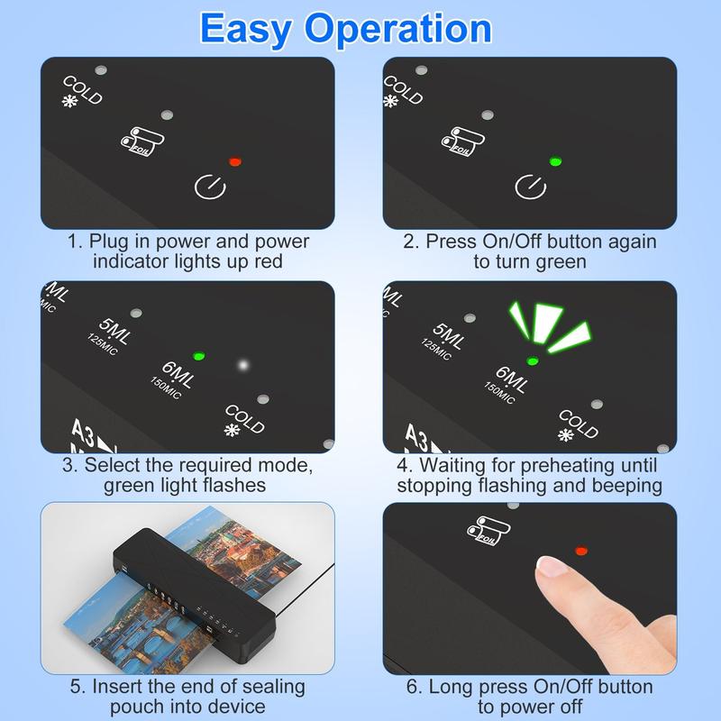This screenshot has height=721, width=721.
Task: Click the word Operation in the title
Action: point(398,29)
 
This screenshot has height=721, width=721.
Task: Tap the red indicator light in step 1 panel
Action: point(235,162)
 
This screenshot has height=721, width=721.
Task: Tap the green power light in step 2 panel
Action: point(555,162)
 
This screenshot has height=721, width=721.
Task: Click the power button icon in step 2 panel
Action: point(528,187)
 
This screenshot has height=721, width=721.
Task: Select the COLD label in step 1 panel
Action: point(82,90)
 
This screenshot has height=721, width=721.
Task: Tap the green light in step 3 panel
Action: point(199,356)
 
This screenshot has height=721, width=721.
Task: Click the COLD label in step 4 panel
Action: point(579,422)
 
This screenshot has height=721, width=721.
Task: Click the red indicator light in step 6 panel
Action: point(580,549)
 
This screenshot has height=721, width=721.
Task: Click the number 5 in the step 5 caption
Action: point(77,687)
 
